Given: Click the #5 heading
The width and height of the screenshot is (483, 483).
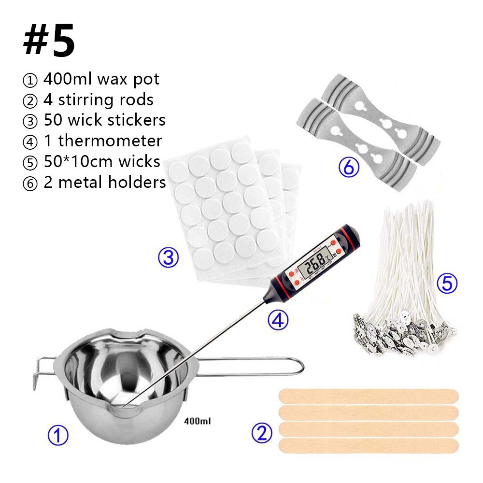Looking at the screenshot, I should [x=49, y=42].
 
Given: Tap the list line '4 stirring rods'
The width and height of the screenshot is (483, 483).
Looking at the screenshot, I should [x=88, y=99].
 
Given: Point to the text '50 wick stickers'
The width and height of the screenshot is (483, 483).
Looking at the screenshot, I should [x=94, y=120].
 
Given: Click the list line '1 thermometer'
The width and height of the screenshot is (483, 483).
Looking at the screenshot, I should [x=92, y=141].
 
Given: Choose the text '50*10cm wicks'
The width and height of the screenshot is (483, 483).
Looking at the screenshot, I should [x=91, y=161].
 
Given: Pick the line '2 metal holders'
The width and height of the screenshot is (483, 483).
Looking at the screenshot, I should [x=94, y=183].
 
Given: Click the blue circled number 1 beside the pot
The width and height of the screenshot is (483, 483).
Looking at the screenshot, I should [x=58, y=435].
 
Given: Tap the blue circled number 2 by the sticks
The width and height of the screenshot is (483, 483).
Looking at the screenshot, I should [x=262, y=432].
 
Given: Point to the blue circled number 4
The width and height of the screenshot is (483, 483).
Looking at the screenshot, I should [x=279, y=320].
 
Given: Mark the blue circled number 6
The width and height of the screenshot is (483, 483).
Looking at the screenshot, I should [x=349, y=168].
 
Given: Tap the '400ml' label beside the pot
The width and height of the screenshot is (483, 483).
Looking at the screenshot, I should [x=198, y=421].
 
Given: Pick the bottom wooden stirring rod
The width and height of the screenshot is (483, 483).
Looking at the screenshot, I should [x=369, y=446].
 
